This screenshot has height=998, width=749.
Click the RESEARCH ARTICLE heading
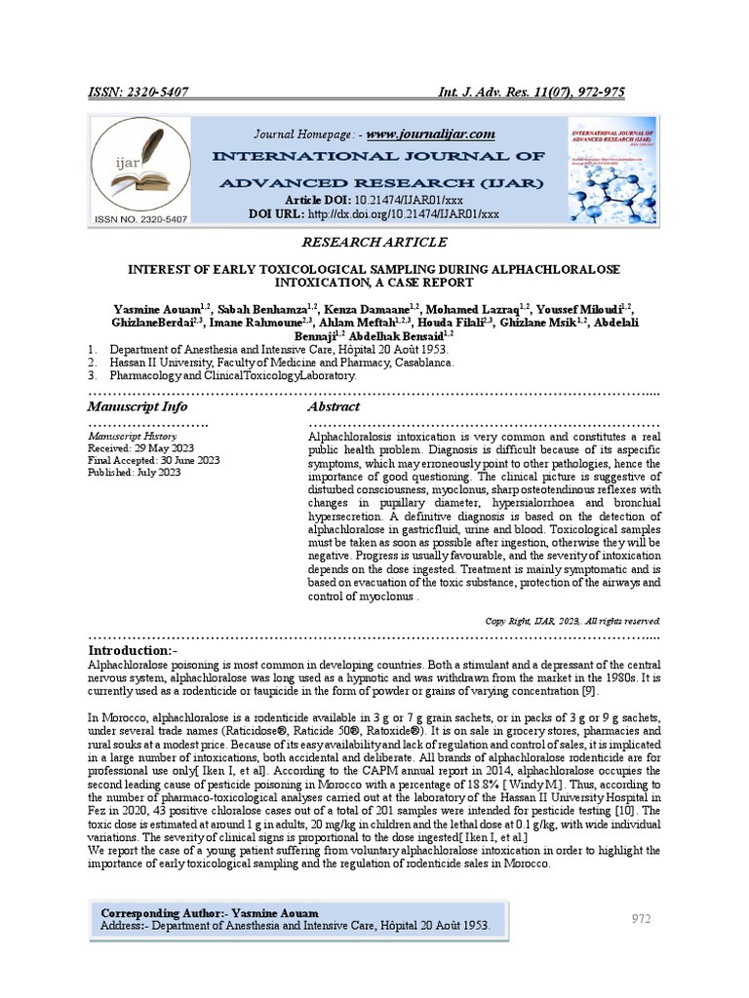pyautogui.click(x=375, y=242)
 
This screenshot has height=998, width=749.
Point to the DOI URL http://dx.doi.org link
pyautogui.click(x=403, y=213)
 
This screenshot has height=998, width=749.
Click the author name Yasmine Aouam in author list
pyautogui.click(x=157, y=309)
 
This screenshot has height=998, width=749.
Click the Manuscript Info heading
pyautogui.click(x=138, y=406)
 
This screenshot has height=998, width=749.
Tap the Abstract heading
pyautogui.click(x=334, y=406)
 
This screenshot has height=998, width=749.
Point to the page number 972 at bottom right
pyautogui.click(x=642, y=918)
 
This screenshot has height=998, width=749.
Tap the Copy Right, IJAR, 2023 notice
pyautogui.click(x=572, y=621)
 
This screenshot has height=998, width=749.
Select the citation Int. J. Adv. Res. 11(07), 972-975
pyautogui.click(x=532, y=92)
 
